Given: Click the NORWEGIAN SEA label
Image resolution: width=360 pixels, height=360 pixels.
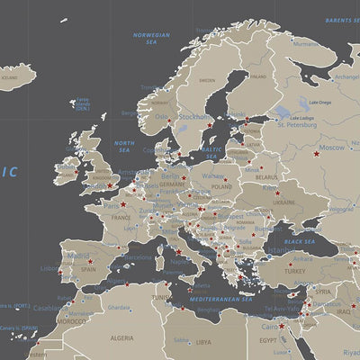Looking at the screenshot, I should tap(151, 38).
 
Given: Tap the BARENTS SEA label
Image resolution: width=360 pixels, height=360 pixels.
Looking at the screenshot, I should tap(342, 18).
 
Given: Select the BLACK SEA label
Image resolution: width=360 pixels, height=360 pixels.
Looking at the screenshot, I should tap(300, 241).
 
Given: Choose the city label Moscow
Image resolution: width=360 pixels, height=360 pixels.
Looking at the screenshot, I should tap(332, 148).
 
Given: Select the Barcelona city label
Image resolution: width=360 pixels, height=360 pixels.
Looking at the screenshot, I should tap(138, 256).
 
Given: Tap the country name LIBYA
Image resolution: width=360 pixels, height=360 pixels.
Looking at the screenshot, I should tap(204, 342).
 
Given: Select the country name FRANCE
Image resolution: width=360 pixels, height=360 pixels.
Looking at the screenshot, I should tap(121, 217).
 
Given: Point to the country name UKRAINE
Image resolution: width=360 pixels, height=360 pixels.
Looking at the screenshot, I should tap(283, 202).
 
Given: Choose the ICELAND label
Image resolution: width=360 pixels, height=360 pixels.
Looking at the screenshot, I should tap(9, 77).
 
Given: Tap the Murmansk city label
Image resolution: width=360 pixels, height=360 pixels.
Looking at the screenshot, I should tap(306, 42).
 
